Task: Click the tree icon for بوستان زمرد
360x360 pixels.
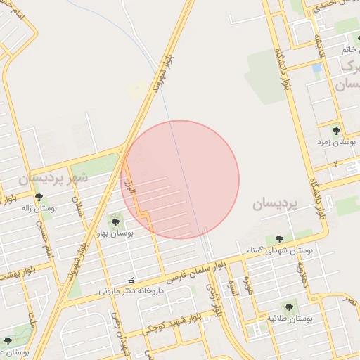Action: (336, 130)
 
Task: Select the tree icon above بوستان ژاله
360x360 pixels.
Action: (38, 197)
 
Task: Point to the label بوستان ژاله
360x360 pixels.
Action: (38, 208)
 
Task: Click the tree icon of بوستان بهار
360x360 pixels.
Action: (115, 222)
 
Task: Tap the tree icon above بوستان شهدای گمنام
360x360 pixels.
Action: (280, 240)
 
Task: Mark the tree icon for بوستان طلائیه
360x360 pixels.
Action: (289, 307)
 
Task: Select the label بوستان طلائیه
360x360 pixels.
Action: (289, 319)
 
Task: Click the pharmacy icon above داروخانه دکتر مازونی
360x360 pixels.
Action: (131, 281)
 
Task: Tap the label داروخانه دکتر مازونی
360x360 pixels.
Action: (131, 290)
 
